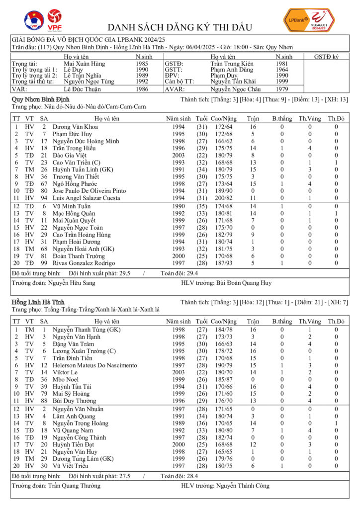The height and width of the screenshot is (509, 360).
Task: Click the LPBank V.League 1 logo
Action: point(309,21)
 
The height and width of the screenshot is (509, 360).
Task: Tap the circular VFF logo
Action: point(34,20)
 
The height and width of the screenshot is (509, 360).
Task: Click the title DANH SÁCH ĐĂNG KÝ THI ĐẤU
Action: point(180,27)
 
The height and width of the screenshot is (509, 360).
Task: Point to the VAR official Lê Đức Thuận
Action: point(83,89)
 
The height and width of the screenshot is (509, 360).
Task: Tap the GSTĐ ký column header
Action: point(326,57)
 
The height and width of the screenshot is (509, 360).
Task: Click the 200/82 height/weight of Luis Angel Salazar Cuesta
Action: point(223,198)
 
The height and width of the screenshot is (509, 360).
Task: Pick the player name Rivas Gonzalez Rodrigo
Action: point(84,262)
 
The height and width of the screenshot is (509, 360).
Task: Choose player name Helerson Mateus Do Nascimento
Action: point(94,365)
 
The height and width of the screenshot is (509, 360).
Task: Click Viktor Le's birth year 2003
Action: point(178,372)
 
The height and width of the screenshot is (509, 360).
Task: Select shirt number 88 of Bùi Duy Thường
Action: point(44,400)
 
